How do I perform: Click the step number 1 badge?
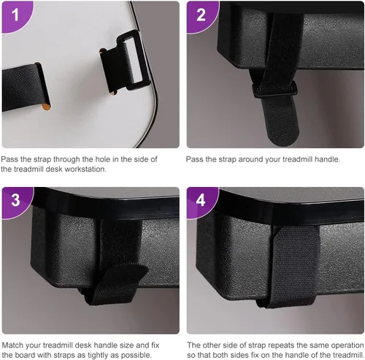coord(16,15)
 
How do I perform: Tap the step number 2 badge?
coord(201,15)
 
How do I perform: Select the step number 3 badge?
coord(16,200)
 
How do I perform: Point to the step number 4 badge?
coord(201,200)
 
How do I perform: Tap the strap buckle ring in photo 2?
coord(275,89)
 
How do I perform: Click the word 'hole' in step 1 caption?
coord(106,159)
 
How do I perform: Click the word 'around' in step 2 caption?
coord(250,159)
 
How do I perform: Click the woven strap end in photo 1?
coord(24,88)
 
